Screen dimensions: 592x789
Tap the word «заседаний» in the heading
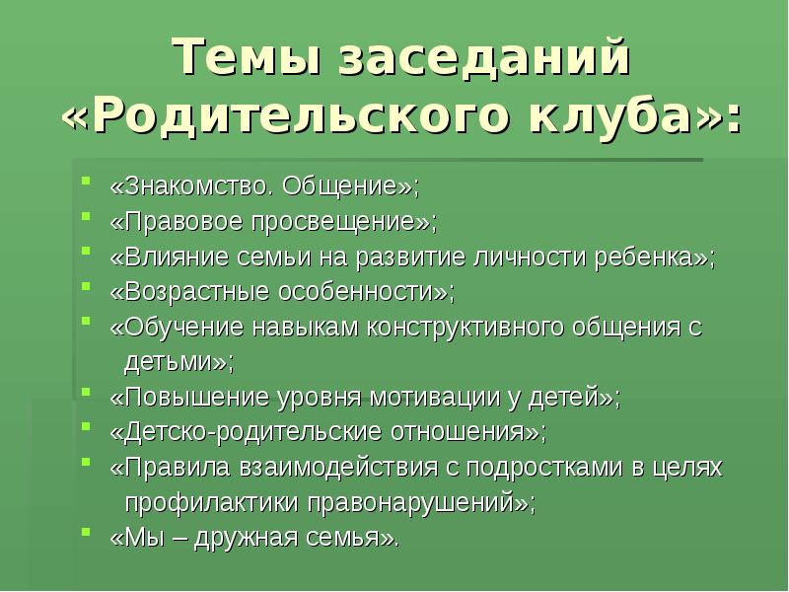coord(483,59)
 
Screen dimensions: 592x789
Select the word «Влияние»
coord(172,258)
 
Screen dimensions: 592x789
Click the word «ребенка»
coord(646,258)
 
